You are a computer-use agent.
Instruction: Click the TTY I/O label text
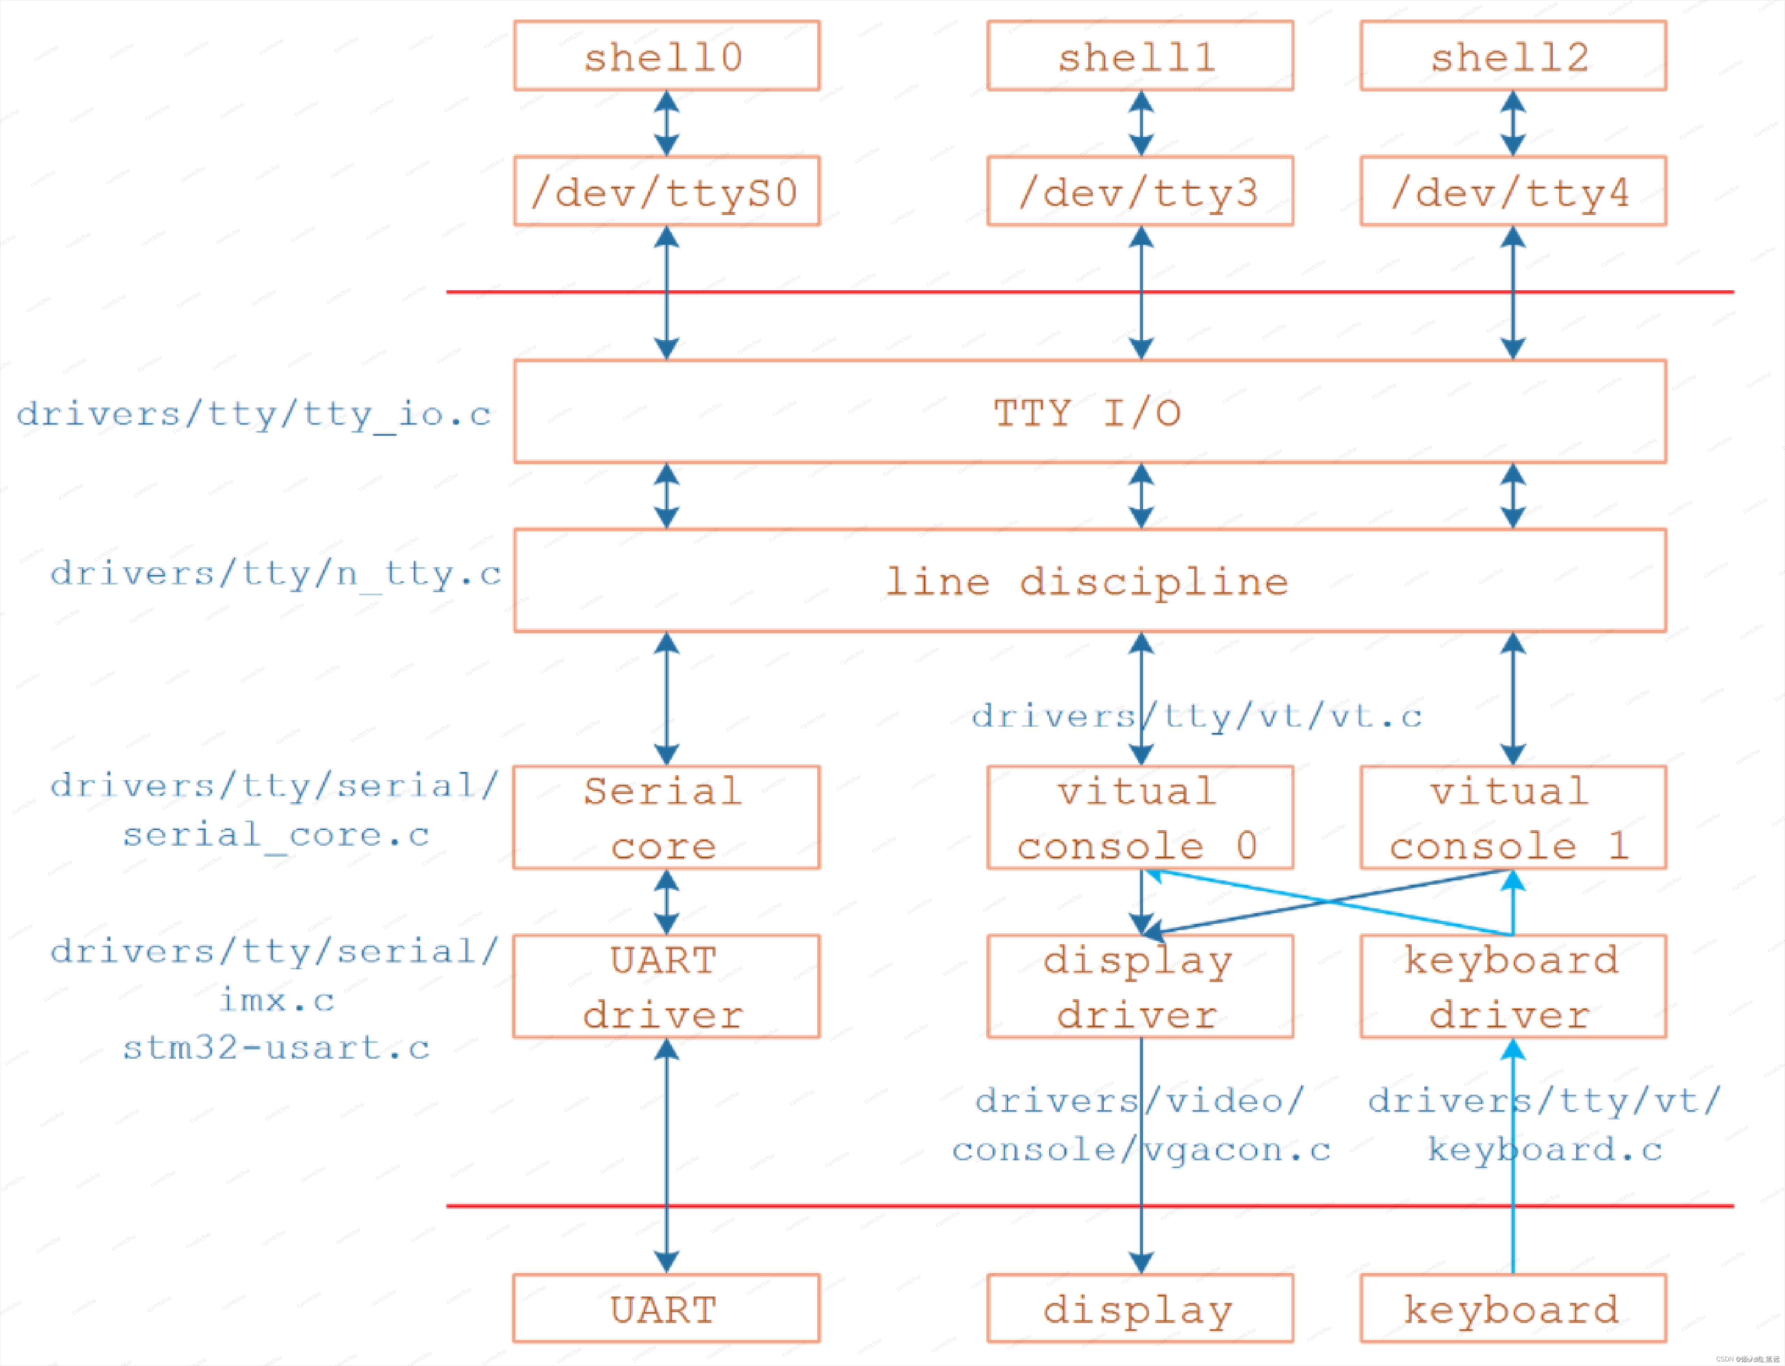(1087, 413)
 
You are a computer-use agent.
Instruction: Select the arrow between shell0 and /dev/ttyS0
(666, 124)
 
